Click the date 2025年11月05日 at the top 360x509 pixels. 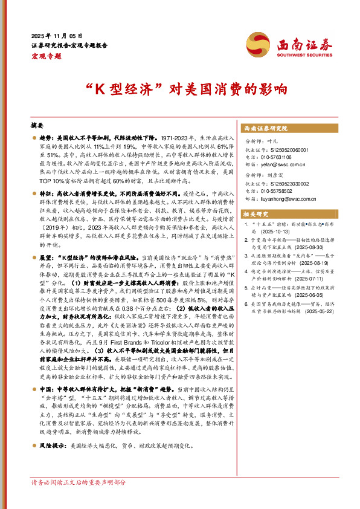click(x=57, y=36)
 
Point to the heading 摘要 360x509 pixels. click(x=38, y=125)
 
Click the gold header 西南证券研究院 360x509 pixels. click(x=265, y=129)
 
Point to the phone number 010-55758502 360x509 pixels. click(x=281, y=190)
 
